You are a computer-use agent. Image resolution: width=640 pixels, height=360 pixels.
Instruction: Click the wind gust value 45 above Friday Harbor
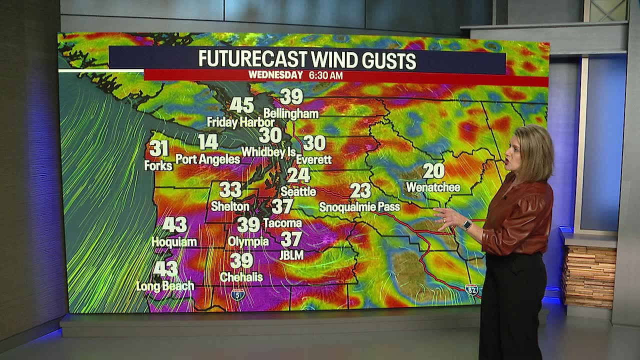point(242,105)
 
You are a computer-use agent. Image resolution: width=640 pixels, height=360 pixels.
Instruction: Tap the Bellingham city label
point(291,113)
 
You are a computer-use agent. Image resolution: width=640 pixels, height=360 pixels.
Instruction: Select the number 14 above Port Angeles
point(208,142)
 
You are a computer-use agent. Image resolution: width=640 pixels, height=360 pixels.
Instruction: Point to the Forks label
point(158,165)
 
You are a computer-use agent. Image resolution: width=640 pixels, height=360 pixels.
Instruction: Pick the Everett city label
point(314,159)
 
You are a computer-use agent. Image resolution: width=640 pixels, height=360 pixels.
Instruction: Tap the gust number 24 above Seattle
point(298,175)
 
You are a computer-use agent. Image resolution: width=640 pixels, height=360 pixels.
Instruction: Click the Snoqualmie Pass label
point(359,206)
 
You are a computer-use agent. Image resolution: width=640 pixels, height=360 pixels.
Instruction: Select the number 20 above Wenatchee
point(433,171)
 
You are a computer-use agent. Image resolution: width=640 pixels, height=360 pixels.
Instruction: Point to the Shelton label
point(230,206)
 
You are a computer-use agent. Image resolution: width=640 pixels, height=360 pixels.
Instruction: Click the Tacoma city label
point(282,223)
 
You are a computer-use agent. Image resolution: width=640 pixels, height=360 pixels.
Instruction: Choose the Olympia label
point(248,242)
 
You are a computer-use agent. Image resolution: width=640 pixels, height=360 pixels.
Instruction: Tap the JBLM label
point(291,255)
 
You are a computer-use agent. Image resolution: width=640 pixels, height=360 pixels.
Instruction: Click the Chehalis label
point(241,276)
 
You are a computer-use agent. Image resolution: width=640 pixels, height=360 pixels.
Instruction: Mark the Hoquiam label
point(174,242)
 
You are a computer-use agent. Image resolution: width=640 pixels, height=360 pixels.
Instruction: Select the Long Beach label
point(165,286)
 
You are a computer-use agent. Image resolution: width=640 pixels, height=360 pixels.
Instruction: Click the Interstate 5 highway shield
point(237,294)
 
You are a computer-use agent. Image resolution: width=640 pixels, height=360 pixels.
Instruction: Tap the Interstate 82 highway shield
point(471,289)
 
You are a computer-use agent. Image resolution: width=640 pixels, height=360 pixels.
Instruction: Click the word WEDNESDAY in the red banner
point(275,75)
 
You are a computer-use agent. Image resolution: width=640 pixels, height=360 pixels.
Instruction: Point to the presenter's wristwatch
point(467,225)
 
